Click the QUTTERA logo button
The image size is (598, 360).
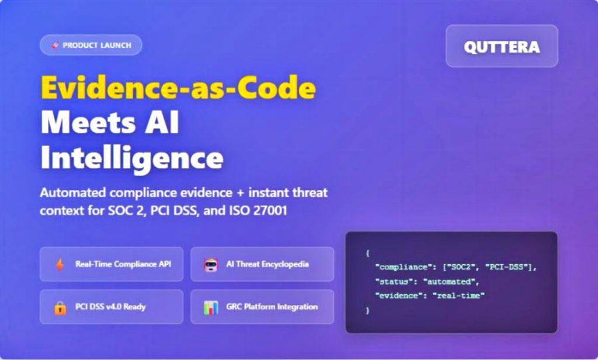[502, 46]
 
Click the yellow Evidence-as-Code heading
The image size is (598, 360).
[178, 89]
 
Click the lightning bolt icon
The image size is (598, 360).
[60, 265]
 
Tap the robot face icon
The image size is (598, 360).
[210, 265]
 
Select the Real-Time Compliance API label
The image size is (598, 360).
[123, 264]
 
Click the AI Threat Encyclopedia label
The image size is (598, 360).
[267, 264]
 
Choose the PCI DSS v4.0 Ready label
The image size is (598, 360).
[110, 307]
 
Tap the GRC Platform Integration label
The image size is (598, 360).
[272, 307]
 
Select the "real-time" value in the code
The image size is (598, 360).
[459, 296]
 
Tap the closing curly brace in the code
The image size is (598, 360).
[368, 310]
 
